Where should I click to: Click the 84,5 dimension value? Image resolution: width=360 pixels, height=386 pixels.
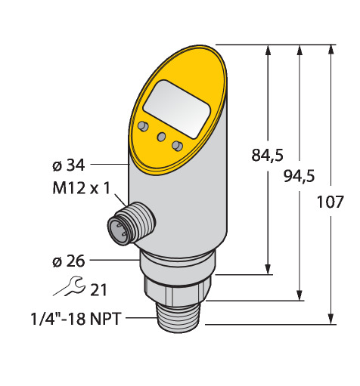pyautogui.click(x=267, y=155)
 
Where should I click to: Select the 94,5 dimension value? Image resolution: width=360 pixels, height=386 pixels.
pyautogui.click(x=299, y=176)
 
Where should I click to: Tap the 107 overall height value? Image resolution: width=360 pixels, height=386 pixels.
pyautogui.click(x=330, y=202)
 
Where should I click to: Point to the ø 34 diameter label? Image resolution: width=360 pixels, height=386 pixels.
pyautogui.click(x=69, y=165)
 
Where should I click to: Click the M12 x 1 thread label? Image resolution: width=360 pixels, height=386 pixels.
pyautogui.click(x=82, y=188)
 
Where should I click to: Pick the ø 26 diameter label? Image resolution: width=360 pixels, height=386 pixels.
pyautogui.click(x=69, y=261)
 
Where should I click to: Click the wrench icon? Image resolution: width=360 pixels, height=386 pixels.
pyautogui.click(x=68, y=286)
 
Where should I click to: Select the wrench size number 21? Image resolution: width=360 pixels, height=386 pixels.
pyautogui.click(x=98, y=290)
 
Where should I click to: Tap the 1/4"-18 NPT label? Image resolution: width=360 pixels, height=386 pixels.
pyautogui.click(x=76, y=319)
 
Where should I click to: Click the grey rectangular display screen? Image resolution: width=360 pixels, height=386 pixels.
pyautogui.click(x=177, y=110)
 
